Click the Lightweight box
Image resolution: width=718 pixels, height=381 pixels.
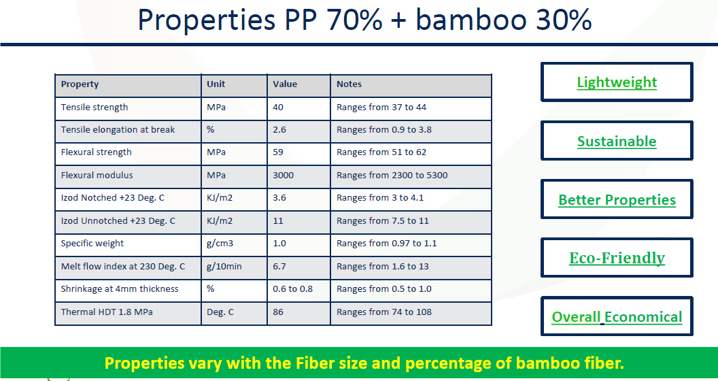pyautogui.click(x=617, y=82)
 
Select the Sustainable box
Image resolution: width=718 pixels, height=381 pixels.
pyautogui.click(x=617, y=141)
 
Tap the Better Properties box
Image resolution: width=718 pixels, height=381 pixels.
pyautogui.click(x=617, y=199)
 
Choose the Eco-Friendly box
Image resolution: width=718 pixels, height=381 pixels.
pyautogui.click(x=617, y=258)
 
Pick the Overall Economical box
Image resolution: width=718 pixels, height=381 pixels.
pyautogui.click(x=617, y=316)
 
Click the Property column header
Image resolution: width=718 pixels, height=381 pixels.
pyautogui.click(x=80, y=84)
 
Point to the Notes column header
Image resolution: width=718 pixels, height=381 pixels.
pyautogui.click(x=349, y=84)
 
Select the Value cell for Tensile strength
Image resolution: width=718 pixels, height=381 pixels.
pyautogui.click(x=278, y=107)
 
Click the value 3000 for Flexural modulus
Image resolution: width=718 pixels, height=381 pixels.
pyautogui.click(x=283, y=176)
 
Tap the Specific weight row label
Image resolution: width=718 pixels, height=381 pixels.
pyautogui.click(x=92, y=244)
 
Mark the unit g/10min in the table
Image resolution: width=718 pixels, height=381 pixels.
pyautogui.click(x=224, y=267)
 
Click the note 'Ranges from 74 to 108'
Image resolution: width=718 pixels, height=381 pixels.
pyautogui.click(x=383, y=312)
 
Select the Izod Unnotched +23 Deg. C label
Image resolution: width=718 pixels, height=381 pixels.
pyautogui.click(x=118, y=220)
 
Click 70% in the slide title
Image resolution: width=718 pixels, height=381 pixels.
pyautogui.click(x=354, y=20)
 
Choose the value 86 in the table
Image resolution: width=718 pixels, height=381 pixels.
pyautogui.click(x=278, y=312)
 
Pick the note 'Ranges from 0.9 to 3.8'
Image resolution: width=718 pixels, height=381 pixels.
pyautogui.click(x=383, y=130)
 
